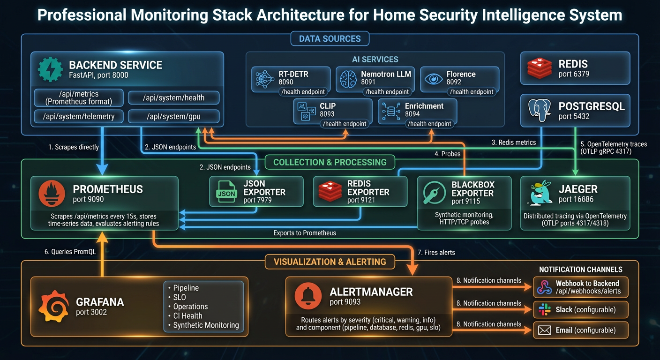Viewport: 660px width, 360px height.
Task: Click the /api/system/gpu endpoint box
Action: coord(173,116)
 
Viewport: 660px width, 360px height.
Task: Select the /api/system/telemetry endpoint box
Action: coord(79,116)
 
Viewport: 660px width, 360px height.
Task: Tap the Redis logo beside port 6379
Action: coord(540,68)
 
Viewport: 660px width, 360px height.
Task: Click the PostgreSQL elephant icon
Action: coord(539,111)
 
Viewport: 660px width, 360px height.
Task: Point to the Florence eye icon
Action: coord(433,79)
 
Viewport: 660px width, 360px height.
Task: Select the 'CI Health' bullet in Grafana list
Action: coord(187,315)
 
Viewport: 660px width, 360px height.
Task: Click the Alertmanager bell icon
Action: coord(308,296)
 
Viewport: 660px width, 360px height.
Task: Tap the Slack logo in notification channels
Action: coord(544,309)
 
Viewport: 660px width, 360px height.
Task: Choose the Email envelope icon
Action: coord(544,330)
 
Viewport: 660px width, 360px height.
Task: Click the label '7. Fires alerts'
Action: coord(436,252)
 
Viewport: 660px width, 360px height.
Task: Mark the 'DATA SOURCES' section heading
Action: coord(330,38)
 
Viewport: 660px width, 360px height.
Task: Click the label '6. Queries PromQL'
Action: coord(70,252)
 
